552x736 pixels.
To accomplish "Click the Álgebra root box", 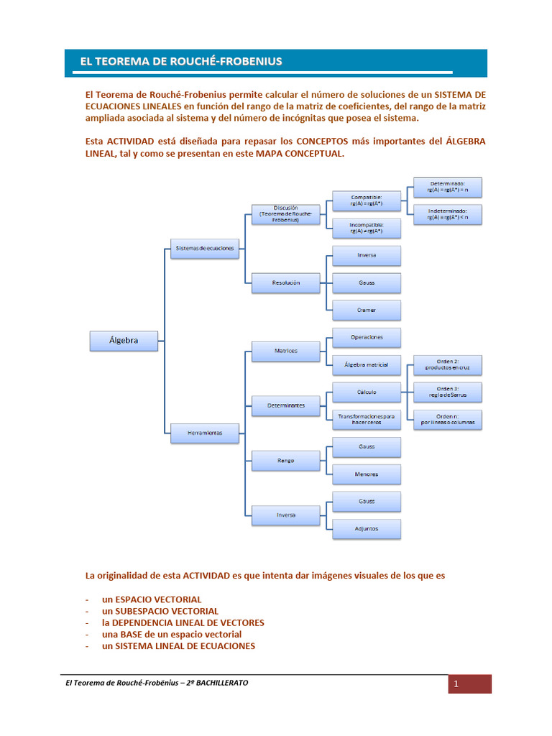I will pyautogui.click(x=124, y=341).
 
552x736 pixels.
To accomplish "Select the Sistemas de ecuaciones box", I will pyautogui.click(x=204, y=249).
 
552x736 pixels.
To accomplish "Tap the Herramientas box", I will pyautogui.click(x=204, y=433).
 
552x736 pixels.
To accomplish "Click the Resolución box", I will pyautogui.click(x=286, y=282).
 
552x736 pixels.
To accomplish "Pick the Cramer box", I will pyautogui.click(x=367, y=310).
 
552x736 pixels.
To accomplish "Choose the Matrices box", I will pyautogui.click(x=286, y=351).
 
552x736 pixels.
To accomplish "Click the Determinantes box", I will pyautogui.click(x=286, y=405).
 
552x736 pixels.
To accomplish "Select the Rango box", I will pyautogui.click(x=286, y=460).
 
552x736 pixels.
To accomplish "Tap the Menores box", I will pyautogui.click(x=367, y=474).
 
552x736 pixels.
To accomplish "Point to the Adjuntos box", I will pyautogui.click(x=367, y=528).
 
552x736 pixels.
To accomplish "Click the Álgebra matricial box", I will pyautogui.click(x=367, y=365).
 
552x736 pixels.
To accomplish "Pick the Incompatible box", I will pyautogui.click(x=367, y=228).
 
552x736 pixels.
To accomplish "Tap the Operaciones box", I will pyautogui.click(x=367, y=337).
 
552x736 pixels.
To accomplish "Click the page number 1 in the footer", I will pyautogui.click(x=456, y=684).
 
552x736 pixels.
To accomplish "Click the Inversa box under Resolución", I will pyautogui.click(x=367, y=255).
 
